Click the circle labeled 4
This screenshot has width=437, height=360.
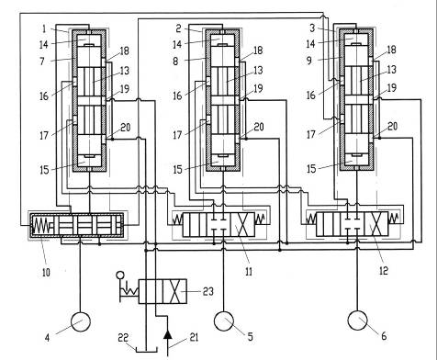click(81, 321)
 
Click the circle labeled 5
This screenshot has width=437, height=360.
click(224, 321)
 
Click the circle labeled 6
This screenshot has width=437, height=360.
click(357, 321)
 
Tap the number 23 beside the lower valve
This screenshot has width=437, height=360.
click(207, 291)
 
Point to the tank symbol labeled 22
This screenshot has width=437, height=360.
click(146, 349)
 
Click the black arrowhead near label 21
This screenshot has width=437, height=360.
click(167, 334)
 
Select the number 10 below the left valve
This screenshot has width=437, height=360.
click(46, 272)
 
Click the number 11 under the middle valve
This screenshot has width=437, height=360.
click(249, 271)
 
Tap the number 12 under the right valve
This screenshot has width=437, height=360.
click(384, 270)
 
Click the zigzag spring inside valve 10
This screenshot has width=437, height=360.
click(42, 226)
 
